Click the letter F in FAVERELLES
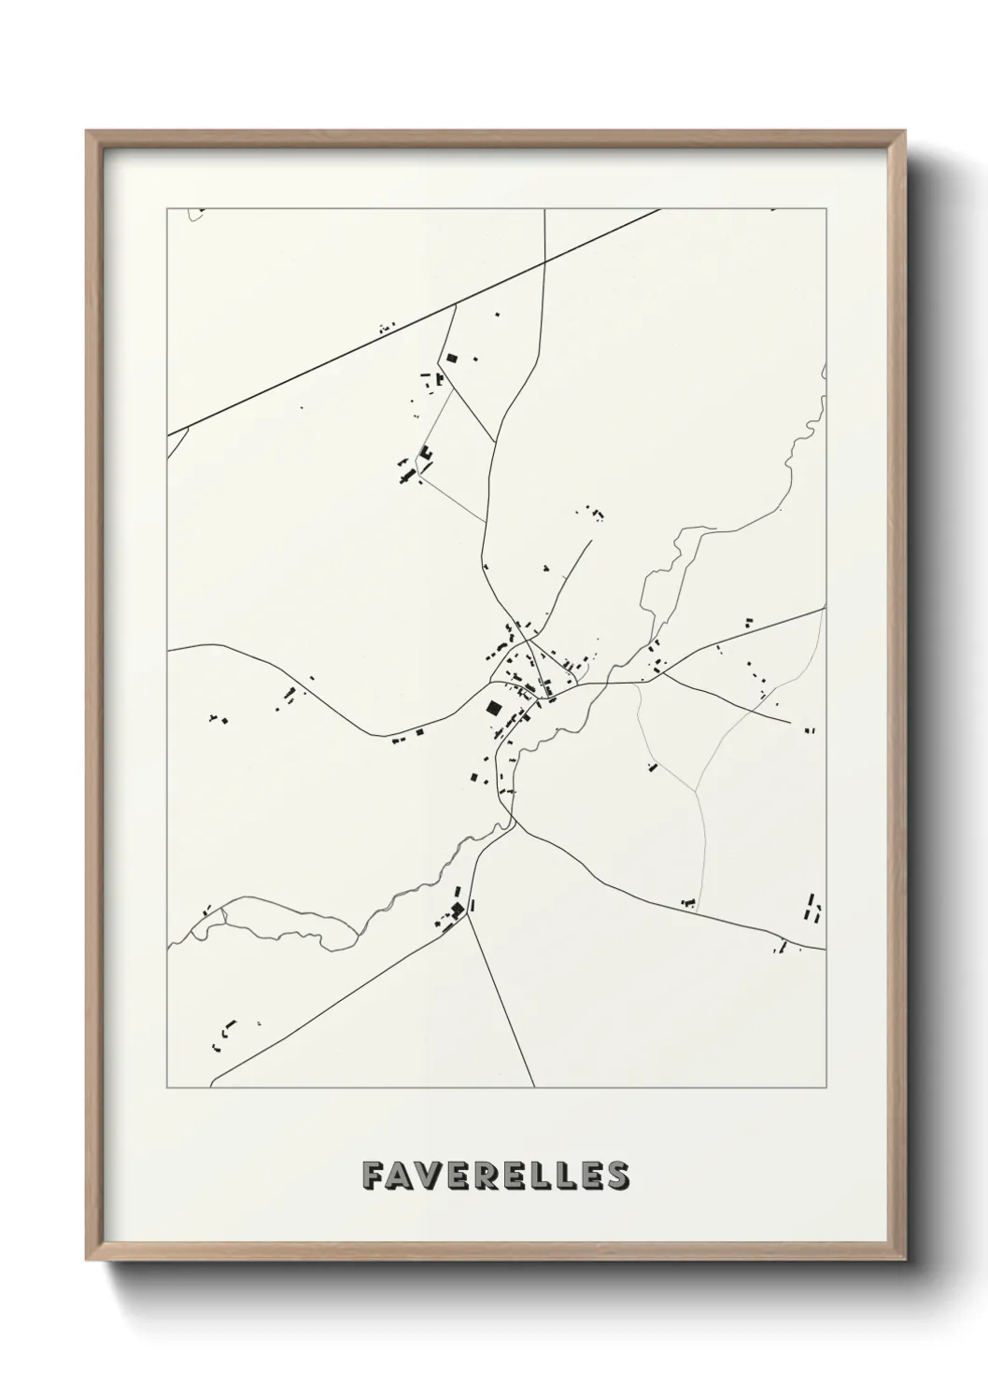372,1176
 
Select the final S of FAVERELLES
617,1176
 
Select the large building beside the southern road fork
457,909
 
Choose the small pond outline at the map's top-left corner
194,215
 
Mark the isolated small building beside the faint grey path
652,767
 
